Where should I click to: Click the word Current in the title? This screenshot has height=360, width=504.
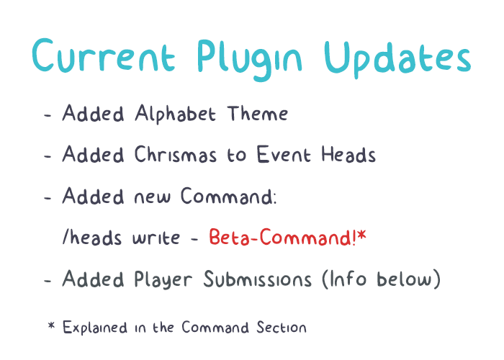coord(104,55)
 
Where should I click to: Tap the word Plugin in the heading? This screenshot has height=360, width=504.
coord(249,60)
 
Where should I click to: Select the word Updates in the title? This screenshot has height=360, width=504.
coord(397,60)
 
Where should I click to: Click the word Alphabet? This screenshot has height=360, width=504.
coord(175,114)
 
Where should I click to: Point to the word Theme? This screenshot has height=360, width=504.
coord(258,114)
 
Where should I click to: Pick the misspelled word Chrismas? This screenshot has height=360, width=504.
coord(175,154)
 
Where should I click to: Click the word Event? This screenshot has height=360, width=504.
coord(284,154)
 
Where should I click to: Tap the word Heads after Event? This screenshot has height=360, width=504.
coord(348,154)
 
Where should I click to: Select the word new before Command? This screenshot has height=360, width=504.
coord(152,197)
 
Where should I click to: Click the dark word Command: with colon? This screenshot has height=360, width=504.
coord(228,196)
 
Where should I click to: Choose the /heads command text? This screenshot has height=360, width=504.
coord(92,237)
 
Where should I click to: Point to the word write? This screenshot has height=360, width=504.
coord(156,238)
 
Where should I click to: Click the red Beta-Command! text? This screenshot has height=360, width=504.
coord(282,237)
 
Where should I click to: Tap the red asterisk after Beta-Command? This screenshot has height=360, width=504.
coord(362,235)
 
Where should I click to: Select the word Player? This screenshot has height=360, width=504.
coord(163,279)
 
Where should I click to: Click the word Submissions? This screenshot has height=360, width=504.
coord(258,279)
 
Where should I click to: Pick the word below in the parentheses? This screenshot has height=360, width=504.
coord(405,279)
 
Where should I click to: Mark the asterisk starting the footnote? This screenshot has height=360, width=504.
coord(51,325)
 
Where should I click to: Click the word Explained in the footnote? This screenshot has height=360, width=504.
coord(95,328)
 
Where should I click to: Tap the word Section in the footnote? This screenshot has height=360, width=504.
coord(282,328)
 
